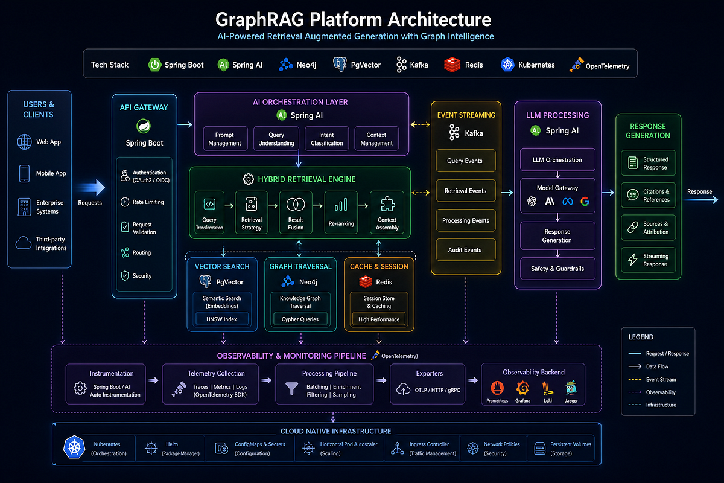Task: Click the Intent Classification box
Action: pos(327,139)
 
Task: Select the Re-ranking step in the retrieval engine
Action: pos(341,213)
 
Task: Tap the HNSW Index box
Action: pos(222,319)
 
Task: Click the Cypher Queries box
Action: pos(300,319)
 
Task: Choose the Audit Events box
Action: pos(465,250)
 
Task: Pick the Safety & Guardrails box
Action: pos(557,269)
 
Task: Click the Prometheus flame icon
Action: pos(497,388)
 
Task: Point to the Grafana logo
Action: pos(522,388)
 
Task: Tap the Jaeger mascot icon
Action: pos(571,388)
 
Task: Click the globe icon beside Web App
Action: pos(24,142)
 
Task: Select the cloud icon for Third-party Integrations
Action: pos(24,243)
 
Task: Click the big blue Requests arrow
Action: pos(92,187)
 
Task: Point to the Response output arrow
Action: pos(701,200)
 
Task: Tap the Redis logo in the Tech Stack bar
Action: pos(452,65)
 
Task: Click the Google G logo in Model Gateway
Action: pos(585,202)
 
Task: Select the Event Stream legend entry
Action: pos(652,380)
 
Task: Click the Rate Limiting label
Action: pos(148,202)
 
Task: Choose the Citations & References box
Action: pos(649,196)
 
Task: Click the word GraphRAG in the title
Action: pos(260,20)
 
